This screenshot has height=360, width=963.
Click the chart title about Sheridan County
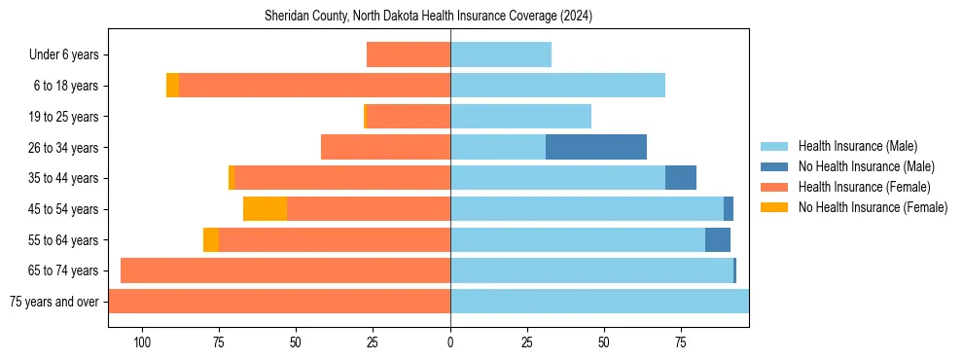(429, 17)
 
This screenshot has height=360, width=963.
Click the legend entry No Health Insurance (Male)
(866, 166)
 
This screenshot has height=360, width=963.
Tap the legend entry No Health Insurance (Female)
(873, 207)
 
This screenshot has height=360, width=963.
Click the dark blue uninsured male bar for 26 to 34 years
(596, 147)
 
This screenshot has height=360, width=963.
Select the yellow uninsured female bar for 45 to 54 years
(265, 209)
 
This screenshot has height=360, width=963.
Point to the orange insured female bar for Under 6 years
(409, 54)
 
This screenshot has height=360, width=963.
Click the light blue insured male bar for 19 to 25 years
(520, 117)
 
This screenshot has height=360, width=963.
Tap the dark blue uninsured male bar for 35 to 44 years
(681, 178)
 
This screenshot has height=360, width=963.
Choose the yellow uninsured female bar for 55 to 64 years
(211, 239)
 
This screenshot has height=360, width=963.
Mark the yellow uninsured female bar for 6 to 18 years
(172, 86)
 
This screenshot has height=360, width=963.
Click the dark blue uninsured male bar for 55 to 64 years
(718, 239)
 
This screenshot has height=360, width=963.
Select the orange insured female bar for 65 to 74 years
(285, 270)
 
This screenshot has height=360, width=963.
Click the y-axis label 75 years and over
(53, 302)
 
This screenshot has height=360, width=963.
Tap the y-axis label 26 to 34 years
(64, 148)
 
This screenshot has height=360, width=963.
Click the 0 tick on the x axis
(450, 342)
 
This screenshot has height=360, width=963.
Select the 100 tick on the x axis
(142, 342)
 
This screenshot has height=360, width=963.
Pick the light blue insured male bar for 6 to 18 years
(557, 86)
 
